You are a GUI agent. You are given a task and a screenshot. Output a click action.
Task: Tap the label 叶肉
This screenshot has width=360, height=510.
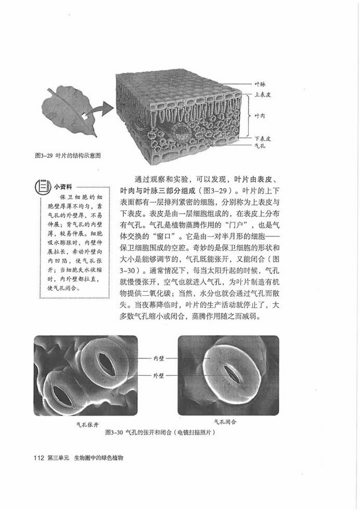pos(260,116)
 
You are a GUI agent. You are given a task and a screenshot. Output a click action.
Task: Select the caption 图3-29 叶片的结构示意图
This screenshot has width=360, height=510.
pos(68,156)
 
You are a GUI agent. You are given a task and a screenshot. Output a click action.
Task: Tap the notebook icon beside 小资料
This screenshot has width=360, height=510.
pos(42,186)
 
